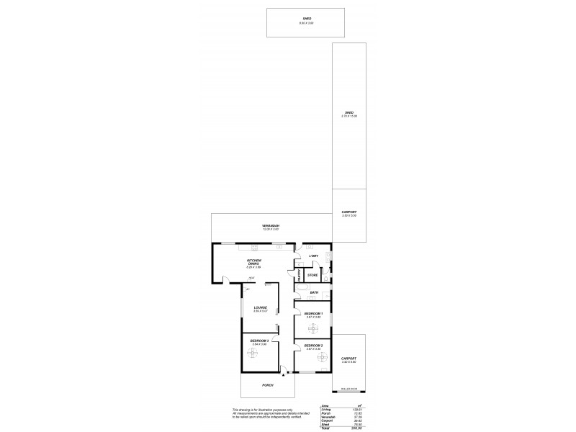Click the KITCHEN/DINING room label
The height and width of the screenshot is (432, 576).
pos(253,263)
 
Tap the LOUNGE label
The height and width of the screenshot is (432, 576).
pos(260,307)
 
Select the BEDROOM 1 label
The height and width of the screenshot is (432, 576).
pos(312,314)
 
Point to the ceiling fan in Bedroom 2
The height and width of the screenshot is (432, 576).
pos(313,359)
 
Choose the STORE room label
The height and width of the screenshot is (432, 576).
pos(312,275)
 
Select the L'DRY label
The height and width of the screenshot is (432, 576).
pos(313,256)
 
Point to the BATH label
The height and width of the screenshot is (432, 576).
pos(314,292)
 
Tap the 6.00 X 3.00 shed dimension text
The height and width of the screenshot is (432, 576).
pos(307,23)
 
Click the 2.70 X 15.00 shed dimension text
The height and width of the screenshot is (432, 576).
pos(348,116)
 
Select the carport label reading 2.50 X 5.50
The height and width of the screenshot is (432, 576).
pos(348,215)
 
